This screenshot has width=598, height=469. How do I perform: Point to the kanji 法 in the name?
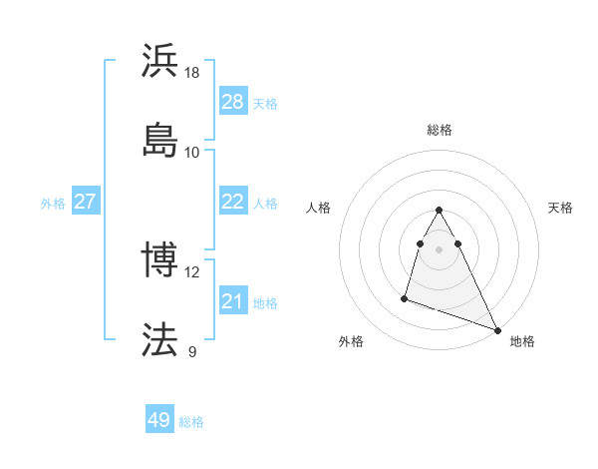[160, 338]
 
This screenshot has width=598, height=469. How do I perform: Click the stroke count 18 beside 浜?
[192, 73]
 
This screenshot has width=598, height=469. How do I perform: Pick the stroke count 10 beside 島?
[192, 152]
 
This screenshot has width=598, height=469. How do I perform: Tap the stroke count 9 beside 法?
[192, 351]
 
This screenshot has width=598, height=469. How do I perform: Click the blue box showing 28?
[232, 102]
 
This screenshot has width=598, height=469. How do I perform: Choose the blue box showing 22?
[232, 202]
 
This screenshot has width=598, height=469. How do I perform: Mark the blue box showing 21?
[232, 301]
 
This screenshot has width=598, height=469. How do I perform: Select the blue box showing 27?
[86, 202]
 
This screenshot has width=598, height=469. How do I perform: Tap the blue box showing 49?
[158, 420]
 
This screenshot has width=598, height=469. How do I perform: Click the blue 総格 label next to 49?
[191, 422]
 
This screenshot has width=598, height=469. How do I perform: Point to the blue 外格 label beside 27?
[53, 204]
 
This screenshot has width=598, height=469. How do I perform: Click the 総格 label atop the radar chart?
[440, 130]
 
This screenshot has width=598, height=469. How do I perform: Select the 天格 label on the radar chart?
[560, 208]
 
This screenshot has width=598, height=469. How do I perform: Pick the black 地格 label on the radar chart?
[522, 341]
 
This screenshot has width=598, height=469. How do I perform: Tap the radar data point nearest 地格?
[497, 329]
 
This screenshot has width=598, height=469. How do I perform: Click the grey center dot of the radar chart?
[440, 248]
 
